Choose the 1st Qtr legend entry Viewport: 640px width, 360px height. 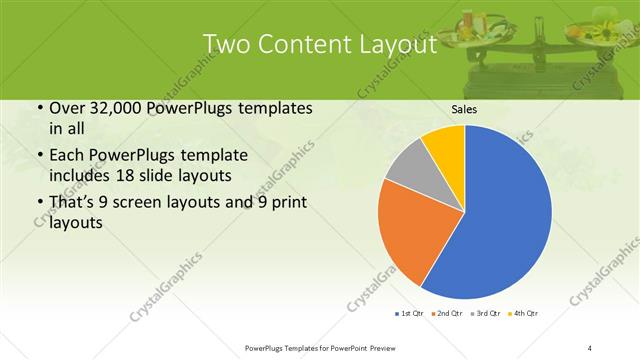coord(411,314)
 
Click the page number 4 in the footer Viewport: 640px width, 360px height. coord(591,348)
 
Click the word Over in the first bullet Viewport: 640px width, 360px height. coord(69,108)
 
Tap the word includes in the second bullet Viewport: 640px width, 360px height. coord(83,176)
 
